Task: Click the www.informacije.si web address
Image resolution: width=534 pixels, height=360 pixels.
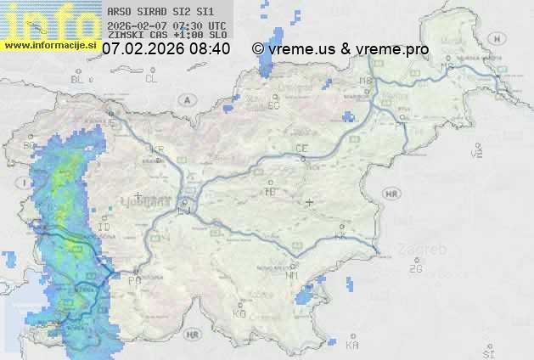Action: (51, 45)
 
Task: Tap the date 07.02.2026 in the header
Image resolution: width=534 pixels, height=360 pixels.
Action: (143, 49)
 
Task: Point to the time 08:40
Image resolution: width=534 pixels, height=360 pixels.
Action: (210, 49)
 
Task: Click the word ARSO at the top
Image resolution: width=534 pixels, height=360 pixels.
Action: (117, 11)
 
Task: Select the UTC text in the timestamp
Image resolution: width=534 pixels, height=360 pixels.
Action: (216, 26)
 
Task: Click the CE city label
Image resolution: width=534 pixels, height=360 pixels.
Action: (301, 149)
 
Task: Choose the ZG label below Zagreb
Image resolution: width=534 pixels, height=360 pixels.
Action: (415, 269)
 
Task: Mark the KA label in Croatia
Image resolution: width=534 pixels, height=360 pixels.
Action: (352, 345)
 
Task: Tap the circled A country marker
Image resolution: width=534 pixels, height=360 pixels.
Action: (185, 99)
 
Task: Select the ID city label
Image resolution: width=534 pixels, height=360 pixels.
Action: (104, 228)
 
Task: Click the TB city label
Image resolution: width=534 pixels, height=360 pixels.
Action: (270, 192)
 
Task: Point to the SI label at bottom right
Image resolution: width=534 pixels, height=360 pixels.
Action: (487, 352)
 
